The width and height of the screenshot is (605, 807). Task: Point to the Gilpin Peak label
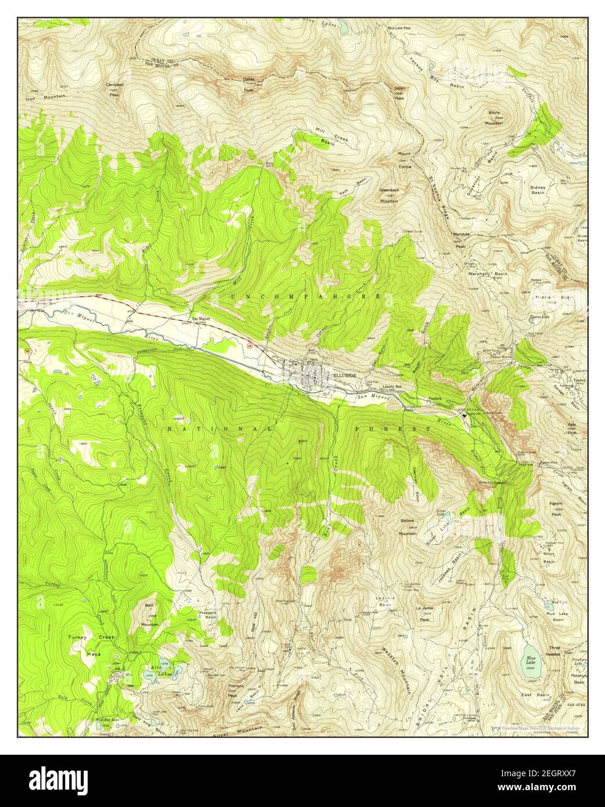[399, 93]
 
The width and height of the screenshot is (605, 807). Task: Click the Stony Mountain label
[494, 120]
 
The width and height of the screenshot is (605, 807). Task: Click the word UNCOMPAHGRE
[306, 297]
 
